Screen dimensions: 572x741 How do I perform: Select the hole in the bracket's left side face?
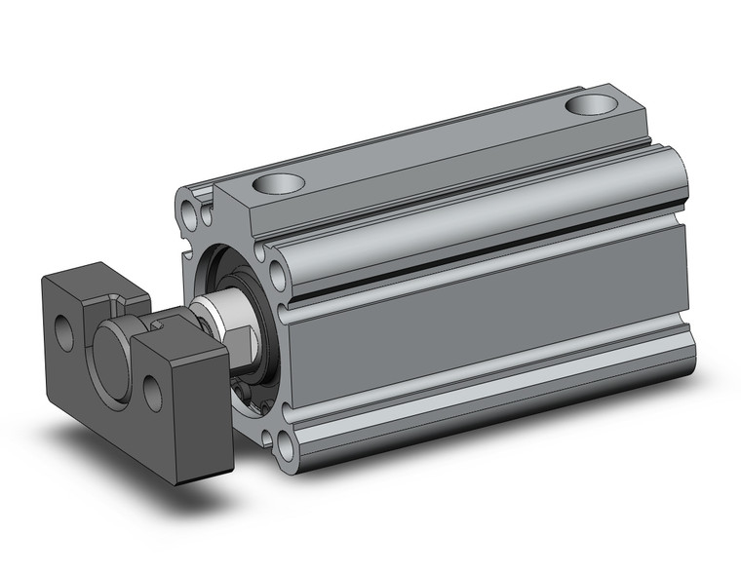tap(64, 331)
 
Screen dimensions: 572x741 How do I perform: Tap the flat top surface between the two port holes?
tap(429, 146)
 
